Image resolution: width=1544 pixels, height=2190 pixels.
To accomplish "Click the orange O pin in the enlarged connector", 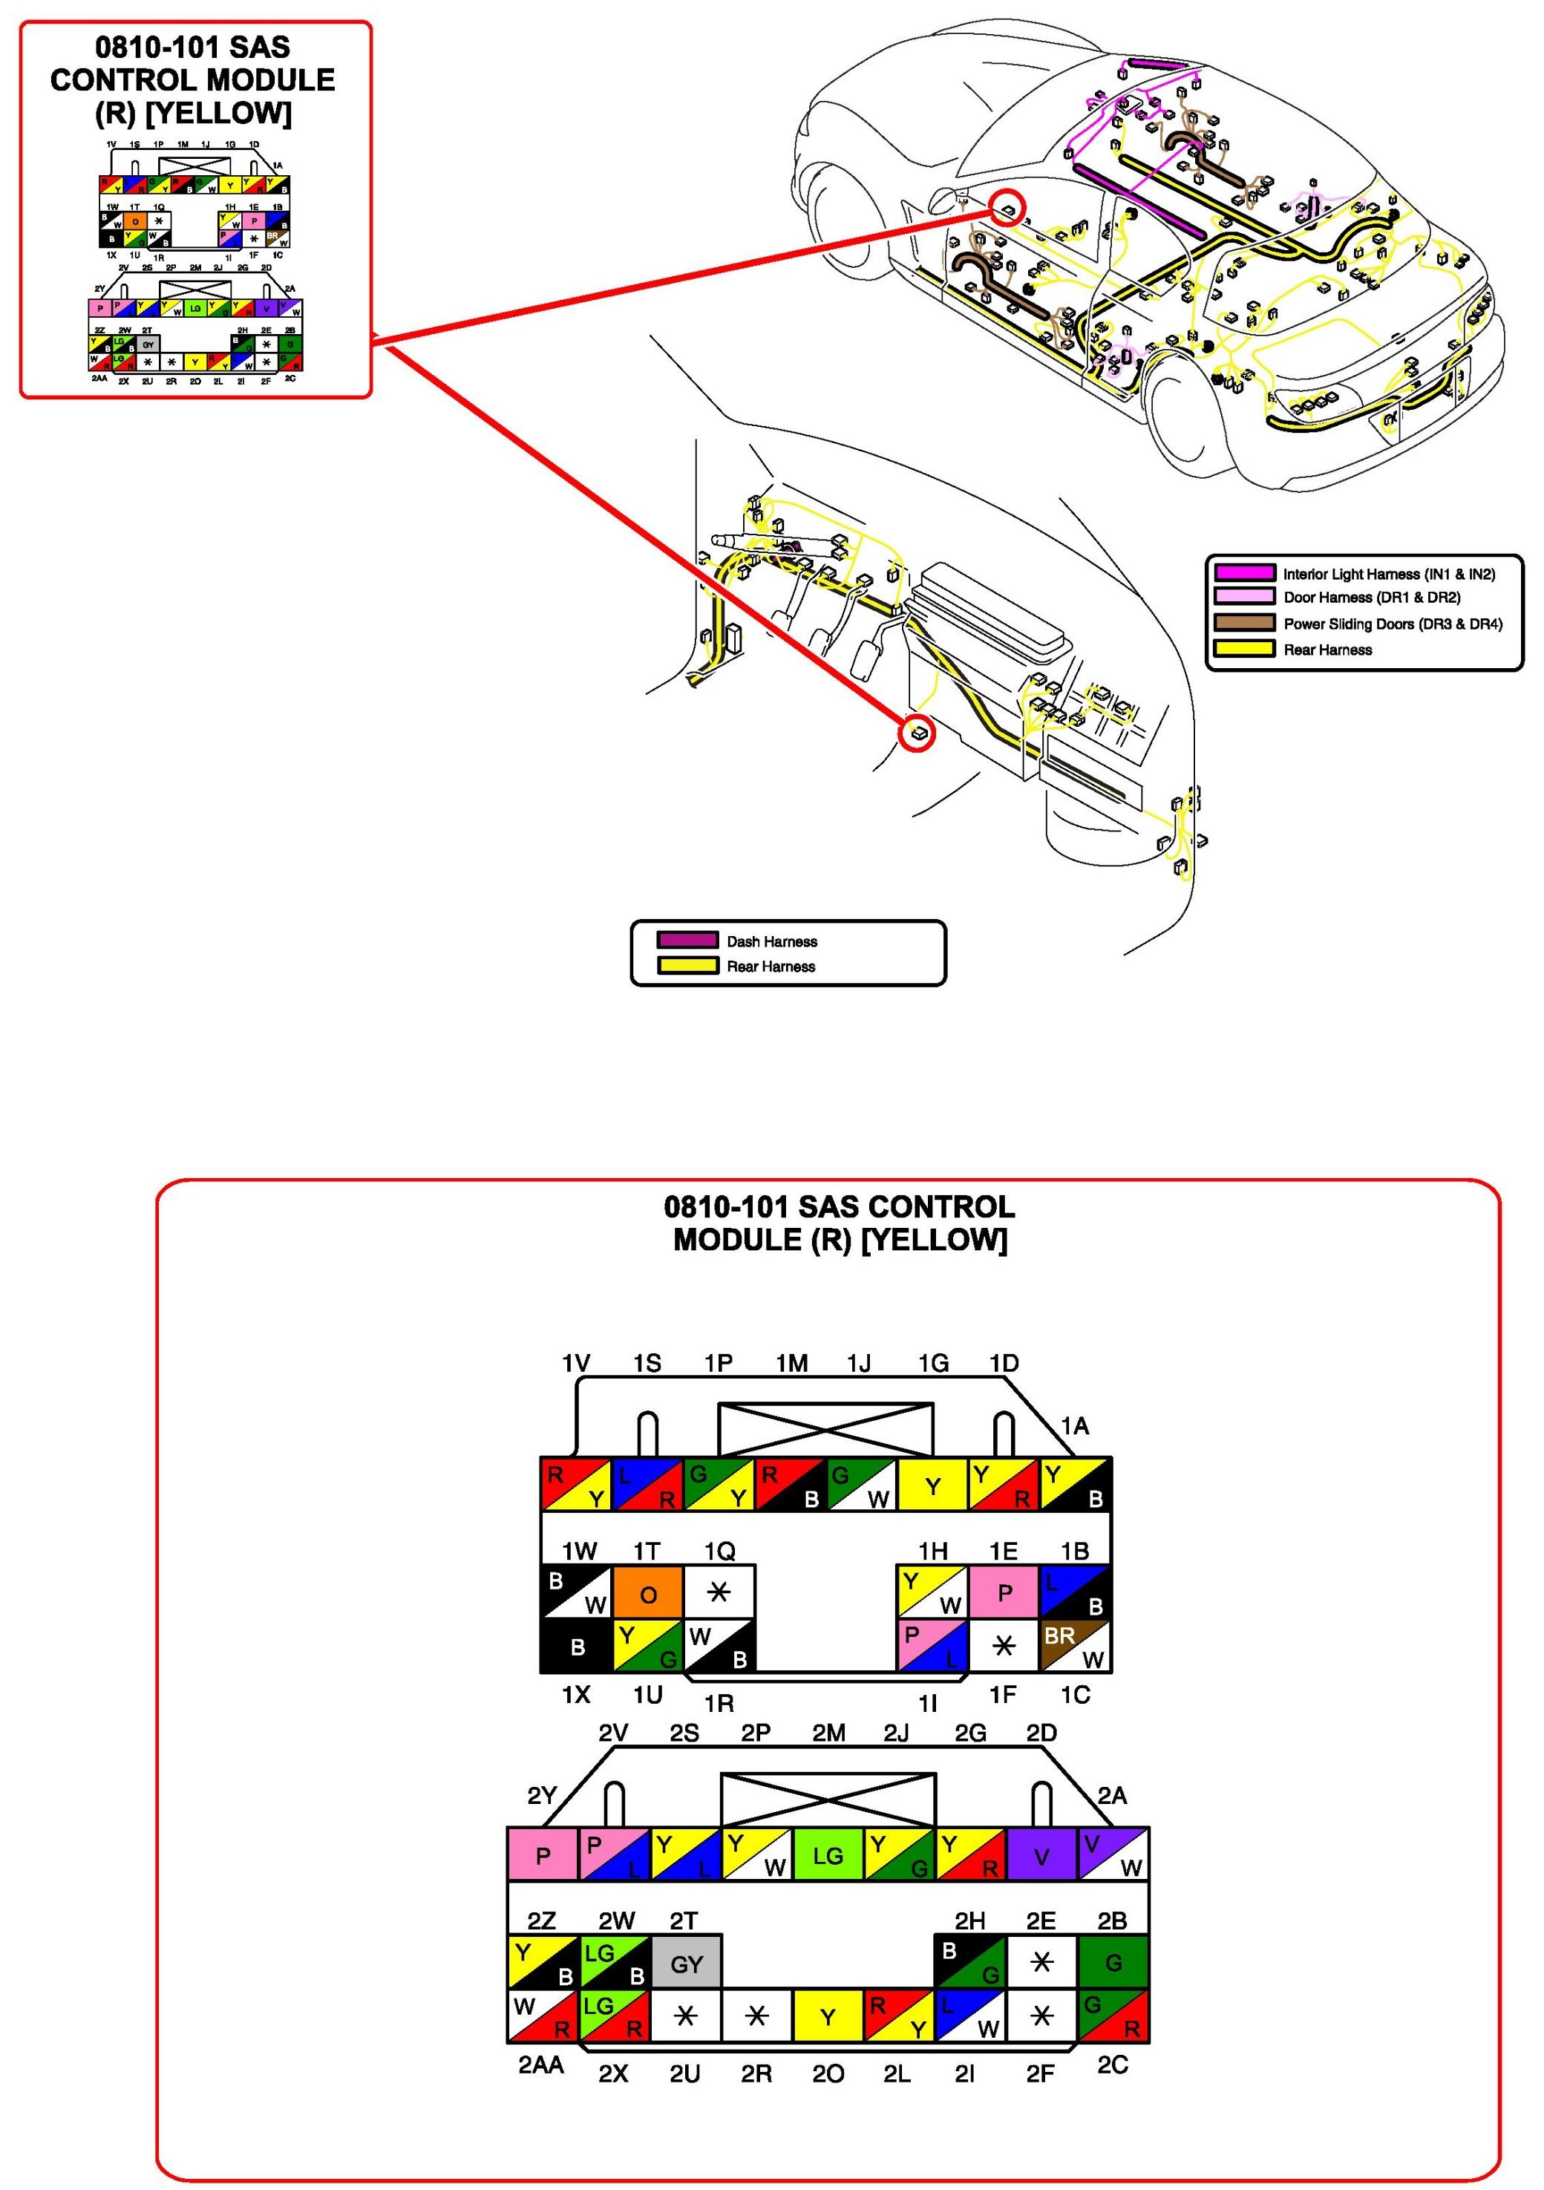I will pyautogui.click(x=647, y=1594).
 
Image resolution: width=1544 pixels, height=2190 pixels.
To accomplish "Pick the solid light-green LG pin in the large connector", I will pyautogui.click(x=828, y=1855).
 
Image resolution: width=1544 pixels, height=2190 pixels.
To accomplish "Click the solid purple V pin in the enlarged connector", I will pyautogui.click(x=1041, y=1855).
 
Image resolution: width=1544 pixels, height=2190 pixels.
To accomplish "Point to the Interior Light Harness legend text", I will pyautogui.click(x=1389, y=573).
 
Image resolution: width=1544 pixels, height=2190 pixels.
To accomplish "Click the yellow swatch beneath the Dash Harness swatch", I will pyautogui.click(x=687, y=965).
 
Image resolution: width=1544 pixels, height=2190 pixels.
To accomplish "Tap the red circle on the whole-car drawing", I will pyautogui.click(x=1006, y=206).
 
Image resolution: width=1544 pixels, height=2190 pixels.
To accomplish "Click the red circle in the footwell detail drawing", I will pyautogui.click(x=917, y=733).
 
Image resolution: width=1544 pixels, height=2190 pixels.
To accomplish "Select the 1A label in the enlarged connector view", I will pyautogui.click(x=1075, y=1426).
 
